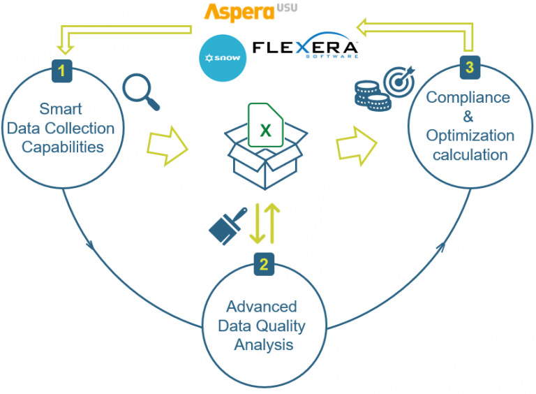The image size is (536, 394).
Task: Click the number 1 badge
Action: [x=61, y=70]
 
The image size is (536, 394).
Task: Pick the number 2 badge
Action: [x=263, y=264]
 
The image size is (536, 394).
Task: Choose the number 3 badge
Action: [x=469, y=68]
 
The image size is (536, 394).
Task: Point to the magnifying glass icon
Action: [x=141, y=92]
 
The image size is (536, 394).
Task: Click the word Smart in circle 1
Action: [x=61, y=110]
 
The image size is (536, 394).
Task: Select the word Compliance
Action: [x=468, y=98]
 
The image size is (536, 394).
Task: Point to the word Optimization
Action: [x=470, y=136]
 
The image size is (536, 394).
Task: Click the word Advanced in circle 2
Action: [x=261, y=307]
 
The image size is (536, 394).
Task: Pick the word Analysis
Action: [x=263, y=344]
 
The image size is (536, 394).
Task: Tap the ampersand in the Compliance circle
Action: [x=468, y=117]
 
